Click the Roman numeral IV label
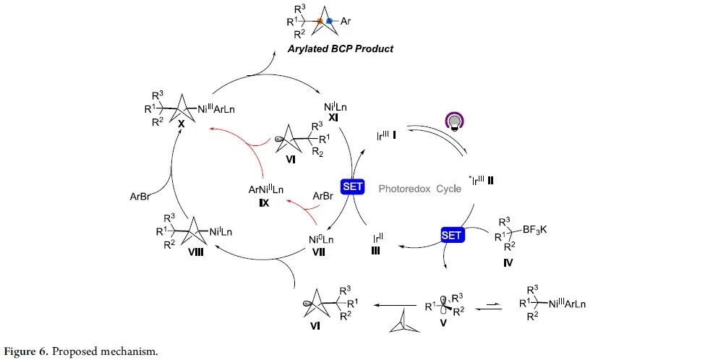508,262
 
